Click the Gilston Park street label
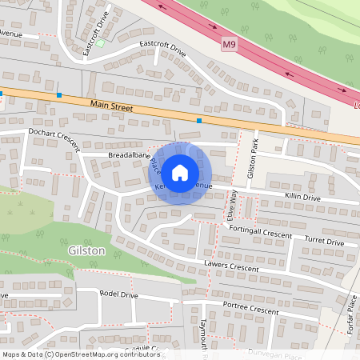(253, 158)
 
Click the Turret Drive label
(324, 241)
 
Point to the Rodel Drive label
(118, 294)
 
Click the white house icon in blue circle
(180, 172)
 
